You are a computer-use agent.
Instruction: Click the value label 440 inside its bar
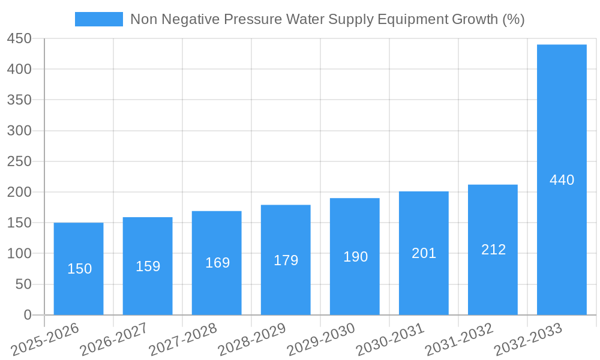562,180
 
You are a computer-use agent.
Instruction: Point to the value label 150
79,269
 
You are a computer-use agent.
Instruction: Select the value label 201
424,253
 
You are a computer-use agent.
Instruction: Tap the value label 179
286,260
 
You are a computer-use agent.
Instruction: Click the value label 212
493,250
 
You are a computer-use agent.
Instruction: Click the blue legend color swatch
98,19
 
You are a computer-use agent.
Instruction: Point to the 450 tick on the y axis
19,38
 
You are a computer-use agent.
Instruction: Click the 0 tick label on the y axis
28,315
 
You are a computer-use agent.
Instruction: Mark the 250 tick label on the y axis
19,161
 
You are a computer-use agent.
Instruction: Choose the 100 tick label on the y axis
19,254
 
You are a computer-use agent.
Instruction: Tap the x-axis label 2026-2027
114,340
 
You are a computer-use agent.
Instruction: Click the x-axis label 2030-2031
390,340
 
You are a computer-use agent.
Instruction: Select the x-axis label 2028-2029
252,340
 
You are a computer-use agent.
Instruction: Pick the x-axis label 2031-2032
459,340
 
